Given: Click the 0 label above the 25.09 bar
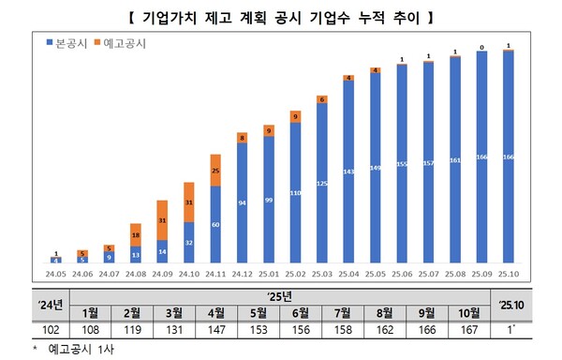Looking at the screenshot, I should (481, 44).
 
